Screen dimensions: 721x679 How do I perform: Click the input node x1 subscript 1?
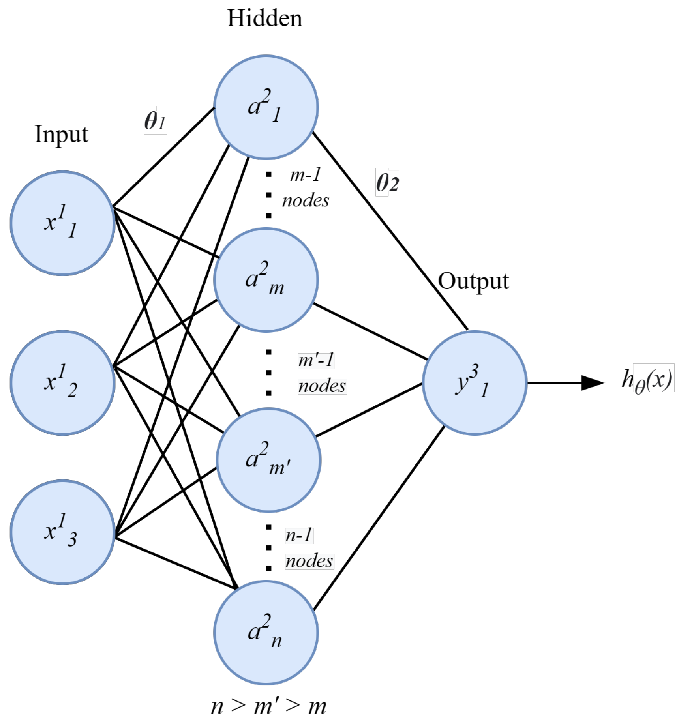click(62, 223)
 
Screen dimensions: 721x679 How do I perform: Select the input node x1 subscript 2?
click(62, 382)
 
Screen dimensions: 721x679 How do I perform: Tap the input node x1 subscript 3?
click(62, 532)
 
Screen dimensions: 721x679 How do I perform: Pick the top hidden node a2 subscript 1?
click(266, 107)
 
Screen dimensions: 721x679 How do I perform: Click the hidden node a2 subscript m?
click(266, 279)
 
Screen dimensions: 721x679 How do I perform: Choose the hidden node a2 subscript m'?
click(268, 460)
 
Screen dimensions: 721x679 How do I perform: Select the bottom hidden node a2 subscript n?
click(266, 632)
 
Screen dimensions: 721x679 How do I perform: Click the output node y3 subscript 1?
click(475, 382)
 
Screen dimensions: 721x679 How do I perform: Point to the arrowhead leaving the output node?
click(592, 382)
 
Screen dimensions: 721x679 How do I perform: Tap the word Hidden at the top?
click(264, 19)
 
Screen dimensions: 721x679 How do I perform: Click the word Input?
click(61, 135)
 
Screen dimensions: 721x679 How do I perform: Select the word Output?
click(473, 281)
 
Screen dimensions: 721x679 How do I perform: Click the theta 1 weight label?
click(155, 120)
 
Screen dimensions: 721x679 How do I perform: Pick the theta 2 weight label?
click(387, 183)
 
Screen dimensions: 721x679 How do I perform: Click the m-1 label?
click(305, 175)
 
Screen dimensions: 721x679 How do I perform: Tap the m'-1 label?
click(316, 360)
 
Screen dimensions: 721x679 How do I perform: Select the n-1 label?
click(299, 535)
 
